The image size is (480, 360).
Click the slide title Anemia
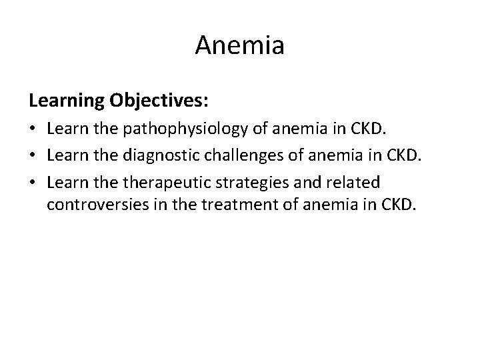point(240,46)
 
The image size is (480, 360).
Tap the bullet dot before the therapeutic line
point(33,183)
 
